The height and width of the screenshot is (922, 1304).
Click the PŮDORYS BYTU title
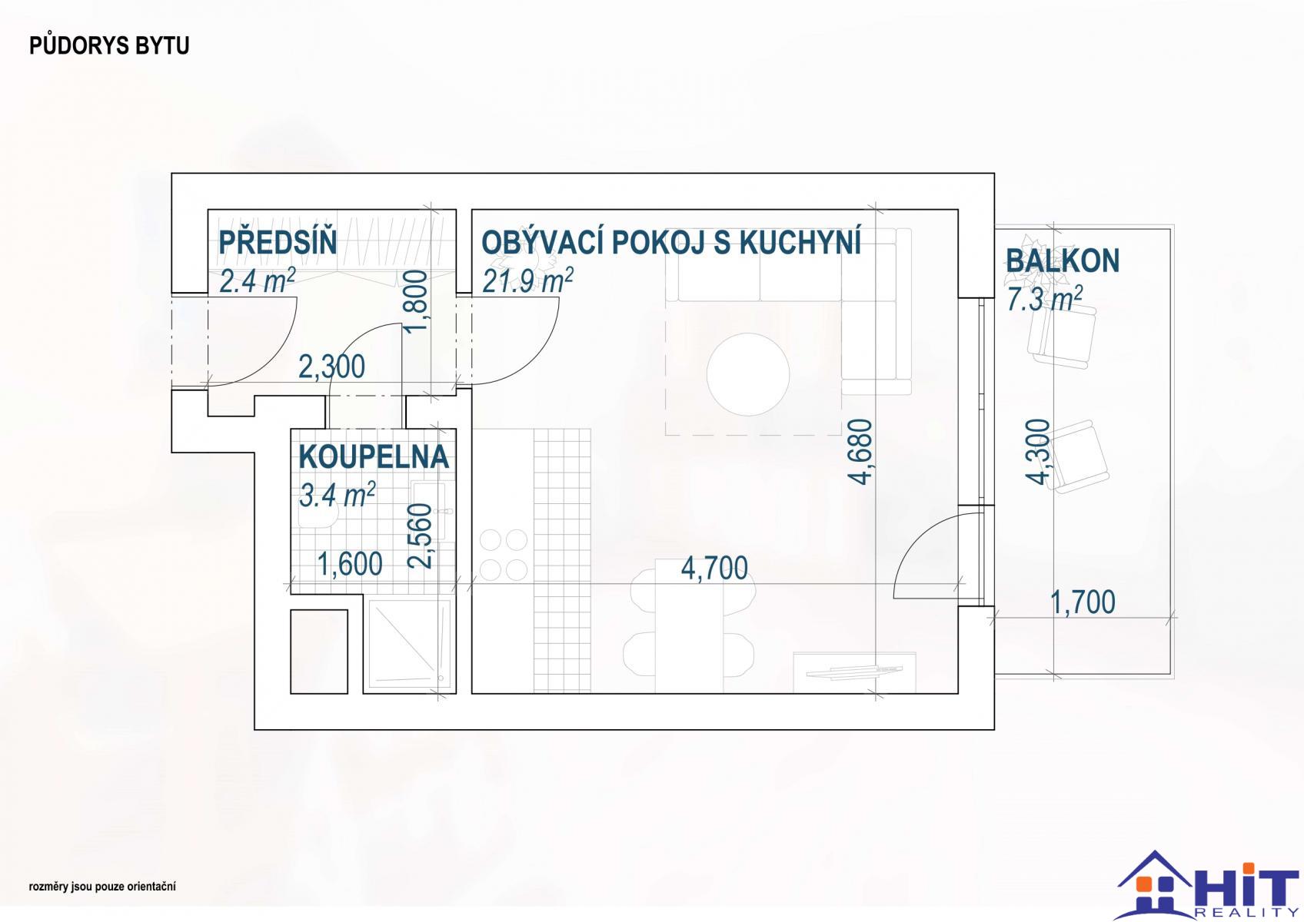tap(109, 45)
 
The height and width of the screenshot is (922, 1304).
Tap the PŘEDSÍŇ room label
tap(278, 242)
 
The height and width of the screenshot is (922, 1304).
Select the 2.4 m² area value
tap(258, 280)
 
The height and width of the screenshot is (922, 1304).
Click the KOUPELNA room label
tap(374, 456)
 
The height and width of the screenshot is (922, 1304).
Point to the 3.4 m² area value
tap(337, 495)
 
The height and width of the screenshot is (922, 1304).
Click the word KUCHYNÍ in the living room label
tap(800, 242)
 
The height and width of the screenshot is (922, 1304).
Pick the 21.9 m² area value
tap(527, 280)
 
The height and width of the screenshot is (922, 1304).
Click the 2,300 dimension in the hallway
tap(332, 367)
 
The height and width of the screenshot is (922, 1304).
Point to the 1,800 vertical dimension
tap(417, 301)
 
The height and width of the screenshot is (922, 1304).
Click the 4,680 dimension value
tap(861, 452)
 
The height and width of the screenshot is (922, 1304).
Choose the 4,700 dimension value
tap(714, 569)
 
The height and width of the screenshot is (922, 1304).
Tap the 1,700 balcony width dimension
tap(1083, 602)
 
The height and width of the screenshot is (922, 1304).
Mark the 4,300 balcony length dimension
tap(1036, 452)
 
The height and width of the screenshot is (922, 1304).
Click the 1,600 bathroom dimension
tap(350, 564)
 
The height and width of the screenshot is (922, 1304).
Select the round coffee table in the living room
tap(748, 374)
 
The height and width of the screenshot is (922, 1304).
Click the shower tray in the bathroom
tap(410, 644)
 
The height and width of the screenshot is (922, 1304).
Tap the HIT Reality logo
tap(1208, 886)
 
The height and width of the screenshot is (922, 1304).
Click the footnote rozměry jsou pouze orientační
tap(102, 887)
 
